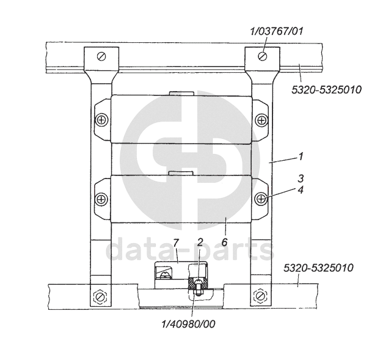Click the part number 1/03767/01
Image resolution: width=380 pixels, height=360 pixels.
[x=276, y=32]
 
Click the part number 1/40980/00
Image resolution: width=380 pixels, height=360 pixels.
[x=188, y=324]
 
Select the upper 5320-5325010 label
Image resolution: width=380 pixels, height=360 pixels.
[x=326, y=90]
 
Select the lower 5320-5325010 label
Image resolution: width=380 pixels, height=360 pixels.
[x=318, y=268]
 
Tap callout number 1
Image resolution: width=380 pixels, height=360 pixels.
[x=301, y=156]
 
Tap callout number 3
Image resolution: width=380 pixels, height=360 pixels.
[x=301, y=178]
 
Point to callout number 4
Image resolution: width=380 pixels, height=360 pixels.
[x=301, y=190]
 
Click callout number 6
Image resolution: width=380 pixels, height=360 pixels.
[x=225, y=241]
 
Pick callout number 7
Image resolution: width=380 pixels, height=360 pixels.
[x=176, y=242]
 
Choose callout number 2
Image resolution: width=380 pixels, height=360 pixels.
[x=200, y=242]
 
